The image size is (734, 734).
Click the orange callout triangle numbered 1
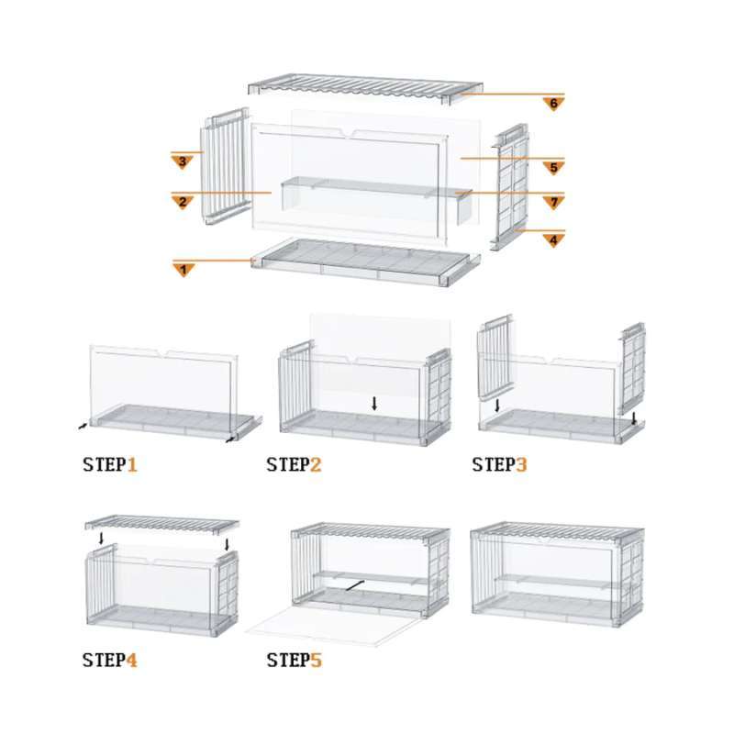click(x=184, y=269)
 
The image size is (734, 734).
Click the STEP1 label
click(x=109, y=464)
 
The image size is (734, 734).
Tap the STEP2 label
click(x=294, y=464)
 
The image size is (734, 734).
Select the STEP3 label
click(x=500, y=464)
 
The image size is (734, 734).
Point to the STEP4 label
click(x=109, y=660)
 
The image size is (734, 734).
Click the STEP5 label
click(x=294, y=660)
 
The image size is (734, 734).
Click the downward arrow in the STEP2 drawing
click(x=374, y=403)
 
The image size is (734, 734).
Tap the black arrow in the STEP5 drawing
click(x=353, y=584)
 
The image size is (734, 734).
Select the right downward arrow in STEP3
click(x=634, y=417)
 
